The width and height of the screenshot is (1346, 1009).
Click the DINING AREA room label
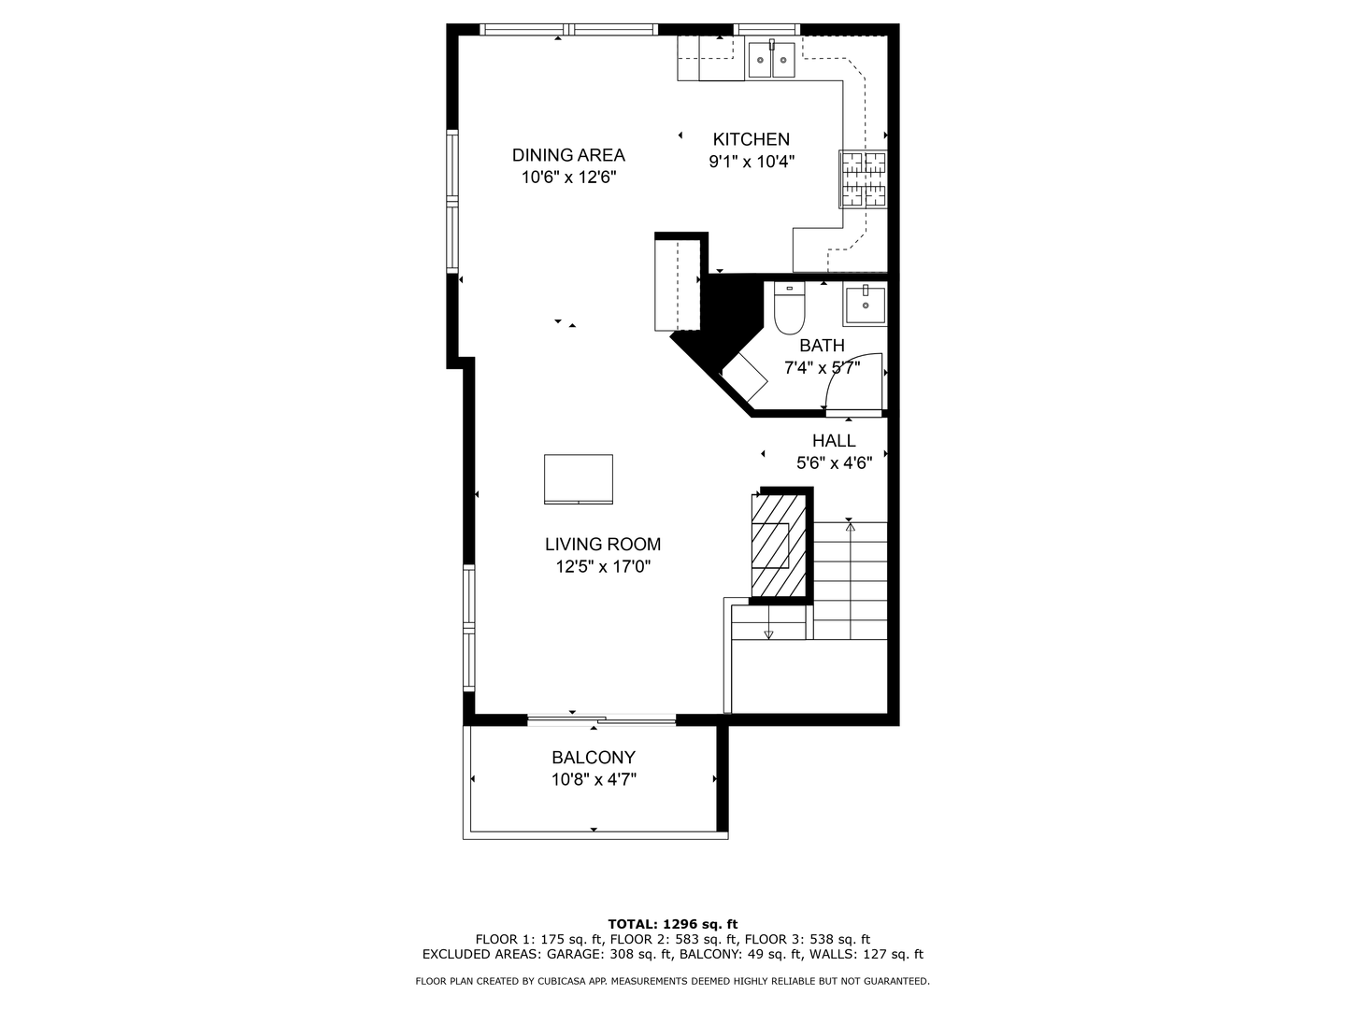click(568, 155)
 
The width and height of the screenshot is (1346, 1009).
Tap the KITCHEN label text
click(752, 139)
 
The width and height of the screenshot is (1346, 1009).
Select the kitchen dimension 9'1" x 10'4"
click(752, 162)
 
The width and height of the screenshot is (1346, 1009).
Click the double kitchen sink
click(771, 61)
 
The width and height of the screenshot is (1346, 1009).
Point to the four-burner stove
click(863, 178)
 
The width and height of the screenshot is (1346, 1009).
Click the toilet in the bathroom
click(790, 309)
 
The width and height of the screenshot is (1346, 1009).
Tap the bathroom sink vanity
click(865, 306)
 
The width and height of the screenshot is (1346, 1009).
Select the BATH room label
click(822, 346)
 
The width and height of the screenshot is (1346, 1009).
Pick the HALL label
click(834, 441)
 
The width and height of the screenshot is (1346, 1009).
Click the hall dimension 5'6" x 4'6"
click(834, 462)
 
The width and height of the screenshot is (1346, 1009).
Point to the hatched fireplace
click(778, 545)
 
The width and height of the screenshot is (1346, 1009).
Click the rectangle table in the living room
click(579, 478)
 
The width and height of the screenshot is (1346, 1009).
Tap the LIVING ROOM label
click(603, 545)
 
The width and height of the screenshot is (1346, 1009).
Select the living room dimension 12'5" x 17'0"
click(603, 566)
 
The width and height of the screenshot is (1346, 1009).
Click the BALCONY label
click(594, 758)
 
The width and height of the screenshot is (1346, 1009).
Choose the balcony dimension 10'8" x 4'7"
click(594, 779)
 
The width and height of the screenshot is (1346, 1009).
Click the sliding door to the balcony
click(602, 719)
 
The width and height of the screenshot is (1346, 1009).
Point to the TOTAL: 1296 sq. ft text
click(673, 924)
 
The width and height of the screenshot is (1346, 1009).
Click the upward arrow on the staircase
click(850, 529)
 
